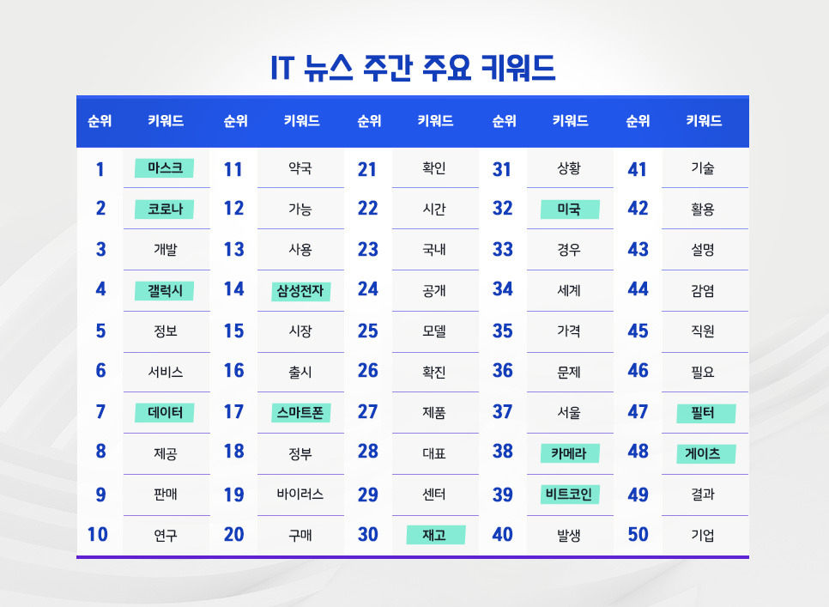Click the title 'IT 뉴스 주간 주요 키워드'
tap(414, 68)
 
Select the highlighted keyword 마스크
tap(165, 168)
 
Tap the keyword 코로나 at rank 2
tap(165, 209)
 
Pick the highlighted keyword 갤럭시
tap(165, 290)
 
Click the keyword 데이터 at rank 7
tap(165, 413)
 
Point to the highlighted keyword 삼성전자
tap(300, 290)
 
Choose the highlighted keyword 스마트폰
tap(300, 413)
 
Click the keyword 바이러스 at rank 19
tap(300, 495)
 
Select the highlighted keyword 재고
tap(434, 535)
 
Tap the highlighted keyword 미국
tap(569, 209)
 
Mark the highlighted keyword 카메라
tap(569, 453)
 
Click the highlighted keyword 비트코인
tap(569, 495)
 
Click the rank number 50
tap(638, 535)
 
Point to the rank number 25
tap(368, 331)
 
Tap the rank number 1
tap(100, 169)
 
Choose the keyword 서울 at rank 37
tap(569, 413)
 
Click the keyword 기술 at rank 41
tap(703, 168)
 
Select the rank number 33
tap(503, 250)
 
